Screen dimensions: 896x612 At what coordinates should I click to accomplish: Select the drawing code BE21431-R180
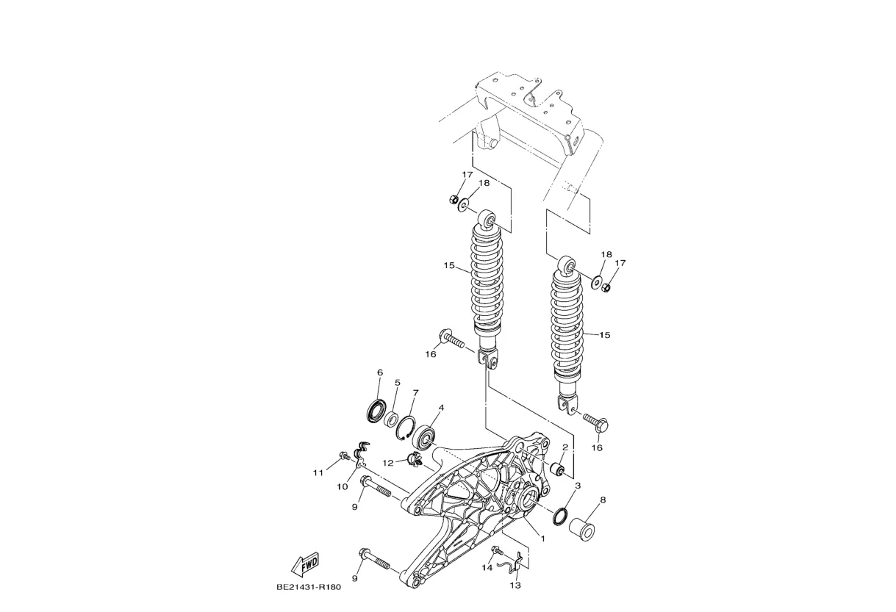309,587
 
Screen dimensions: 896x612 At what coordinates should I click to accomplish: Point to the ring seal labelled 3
559,516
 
